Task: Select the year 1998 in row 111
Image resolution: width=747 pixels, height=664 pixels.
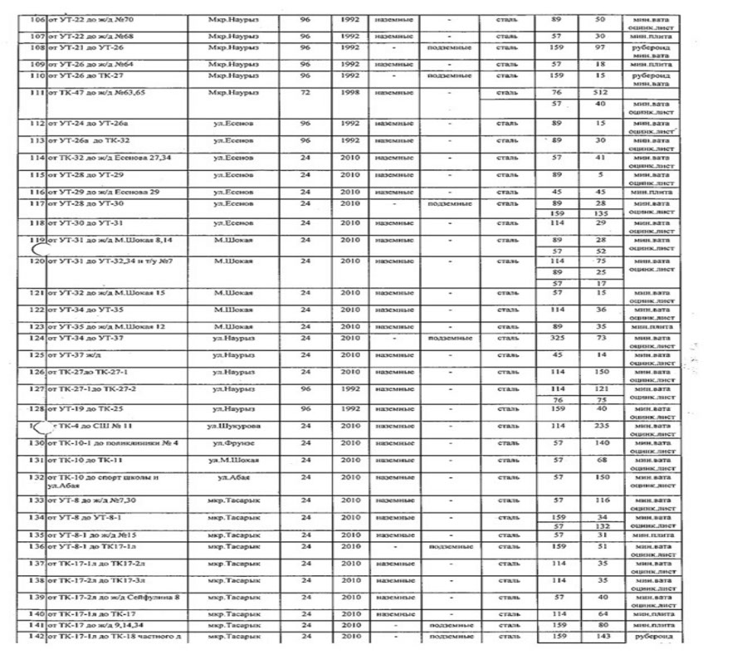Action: tap(350, 93)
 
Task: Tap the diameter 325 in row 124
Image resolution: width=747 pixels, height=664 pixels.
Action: tap(559, 339)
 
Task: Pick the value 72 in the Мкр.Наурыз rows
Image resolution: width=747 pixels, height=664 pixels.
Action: tap(305, 93)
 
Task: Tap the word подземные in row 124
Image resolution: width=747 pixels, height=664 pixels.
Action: tap(448, 339)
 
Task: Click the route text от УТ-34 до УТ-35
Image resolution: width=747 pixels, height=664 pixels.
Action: tap(90, 310)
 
